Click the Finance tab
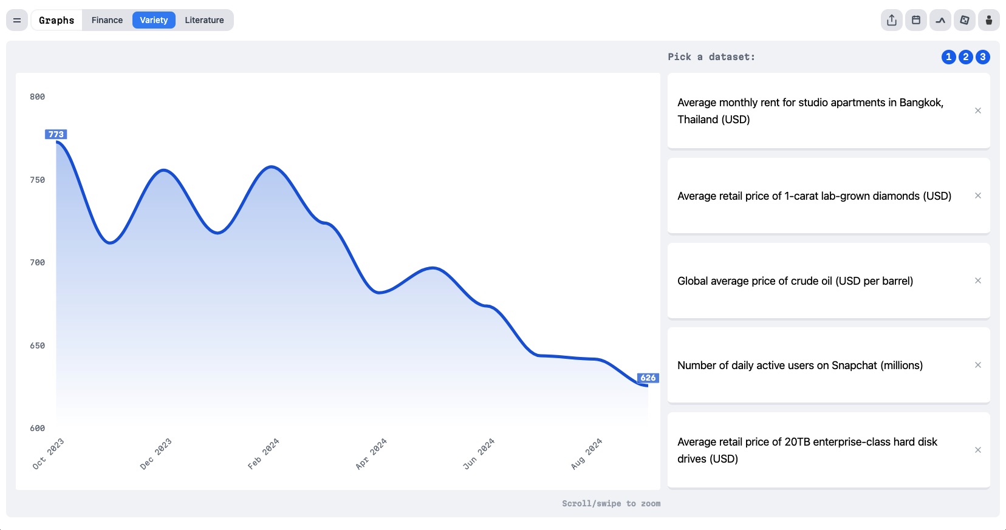point(107,20)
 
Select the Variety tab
point(154,20)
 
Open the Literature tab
point(204,20)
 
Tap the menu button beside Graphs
point(17,20)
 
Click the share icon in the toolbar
point(891,20)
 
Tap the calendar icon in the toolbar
point(915,20)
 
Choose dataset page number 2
point(965,57)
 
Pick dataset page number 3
point(983,57)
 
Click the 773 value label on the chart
point(56,134)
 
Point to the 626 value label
point(648,378)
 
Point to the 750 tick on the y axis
point(37,180)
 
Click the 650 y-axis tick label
point(37,345)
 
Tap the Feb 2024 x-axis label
point(264,454)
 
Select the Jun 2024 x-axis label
point(479,454)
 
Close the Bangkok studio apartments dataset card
point(977,110)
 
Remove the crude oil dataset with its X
point(977,280)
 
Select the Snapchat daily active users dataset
point(800,365)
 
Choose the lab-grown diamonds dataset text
point(814,196)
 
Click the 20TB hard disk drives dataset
point(807,450)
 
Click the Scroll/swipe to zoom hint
point(611,503)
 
